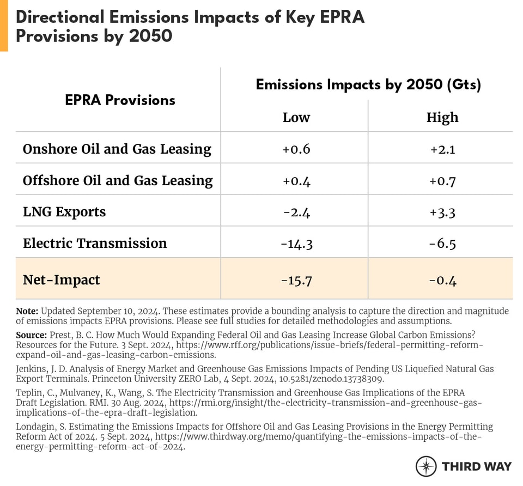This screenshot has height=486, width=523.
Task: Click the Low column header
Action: pyautogui.click(x=296, y=117)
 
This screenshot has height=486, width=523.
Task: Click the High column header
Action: pyautogui.click(x=442, y=117)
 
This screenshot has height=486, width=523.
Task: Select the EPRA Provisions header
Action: pyautogui.click(x=120, y=100)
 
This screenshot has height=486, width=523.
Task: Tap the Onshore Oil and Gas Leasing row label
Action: pyautogui.click(x=117, y=149)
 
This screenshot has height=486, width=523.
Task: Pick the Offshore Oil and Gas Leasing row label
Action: pyautogui.click(x=118, y=180)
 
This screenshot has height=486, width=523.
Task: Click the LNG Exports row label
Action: pyautogui.click(x=64, y=211)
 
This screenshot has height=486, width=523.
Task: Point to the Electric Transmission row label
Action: pyautogui.click(x=95, y=243)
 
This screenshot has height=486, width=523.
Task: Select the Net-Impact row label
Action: pyautogui.click(x=61, y=280)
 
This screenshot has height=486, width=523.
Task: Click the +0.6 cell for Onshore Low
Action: pyautogui.click(x=296, y=149)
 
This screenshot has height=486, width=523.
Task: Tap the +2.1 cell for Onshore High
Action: pyautogui.click(x=442, y=149)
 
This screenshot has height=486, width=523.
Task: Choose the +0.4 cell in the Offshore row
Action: pyautogui.click(x=296, y=180)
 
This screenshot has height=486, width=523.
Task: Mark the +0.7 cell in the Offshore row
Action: pyautogui.click(x=442, y=180)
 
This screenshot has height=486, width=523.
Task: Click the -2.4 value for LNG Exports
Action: pyautogui.click(x=296, y=212)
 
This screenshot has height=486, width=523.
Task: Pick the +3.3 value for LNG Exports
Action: pyautogui.click(x=442, y=212)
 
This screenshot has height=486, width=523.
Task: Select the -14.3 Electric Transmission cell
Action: pyautogui.click(x=296, y=244)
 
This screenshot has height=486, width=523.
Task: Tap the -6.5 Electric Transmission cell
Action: pyautogui.click(x=442, y=244)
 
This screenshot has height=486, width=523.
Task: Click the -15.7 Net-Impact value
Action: pyautogui.click(x=296, y=280)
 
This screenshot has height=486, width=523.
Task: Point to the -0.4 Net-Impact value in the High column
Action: pyautogui.click(x=442, y=280)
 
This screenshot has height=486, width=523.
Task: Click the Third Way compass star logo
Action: pyautogui.click(x=426, y=466)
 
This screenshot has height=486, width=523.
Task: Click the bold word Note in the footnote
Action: pyautogui.click(x=27, y=311)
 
